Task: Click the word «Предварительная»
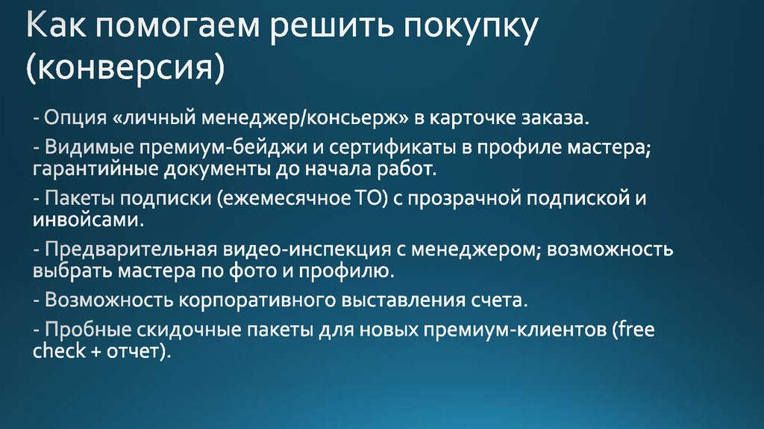tap(131, 249)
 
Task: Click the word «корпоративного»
tap(254, 300)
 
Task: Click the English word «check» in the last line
tap(60, 351)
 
